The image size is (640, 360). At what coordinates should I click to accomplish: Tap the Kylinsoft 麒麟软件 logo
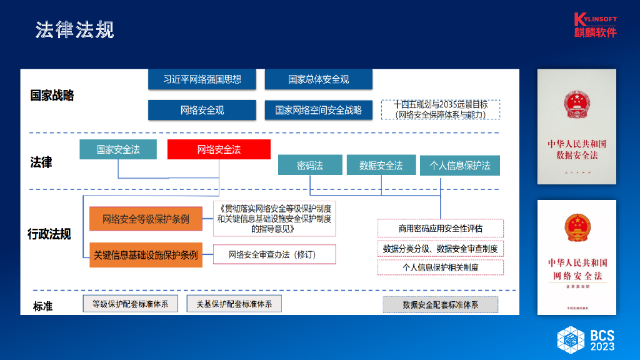595,25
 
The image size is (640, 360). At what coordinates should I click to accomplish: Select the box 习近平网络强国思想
202,79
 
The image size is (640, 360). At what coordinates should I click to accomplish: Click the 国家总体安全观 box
318,79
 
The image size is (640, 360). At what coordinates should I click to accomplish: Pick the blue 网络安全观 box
202,110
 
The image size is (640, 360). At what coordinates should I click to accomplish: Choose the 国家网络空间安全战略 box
318,110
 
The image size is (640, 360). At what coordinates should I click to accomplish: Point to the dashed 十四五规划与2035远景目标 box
441,110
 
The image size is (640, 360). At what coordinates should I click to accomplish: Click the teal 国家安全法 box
118,149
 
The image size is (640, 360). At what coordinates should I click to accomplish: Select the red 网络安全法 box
219,149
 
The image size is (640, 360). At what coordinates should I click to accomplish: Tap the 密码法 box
310,165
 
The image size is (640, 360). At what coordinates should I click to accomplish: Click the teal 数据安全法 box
381,165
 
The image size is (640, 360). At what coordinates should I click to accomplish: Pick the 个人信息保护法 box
460,165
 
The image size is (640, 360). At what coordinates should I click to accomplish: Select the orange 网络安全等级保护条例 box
146,219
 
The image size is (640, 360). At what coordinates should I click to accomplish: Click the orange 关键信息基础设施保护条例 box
146,255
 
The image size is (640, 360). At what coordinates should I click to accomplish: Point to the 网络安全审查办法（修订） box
274,254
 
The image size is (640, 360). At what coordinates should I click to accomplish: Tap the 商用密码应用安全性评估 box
441,228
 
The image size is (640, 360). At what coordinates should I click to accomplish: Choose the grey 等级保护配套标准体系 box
130,304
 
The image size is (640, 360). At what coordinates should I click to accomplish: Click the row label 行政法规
49,234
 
